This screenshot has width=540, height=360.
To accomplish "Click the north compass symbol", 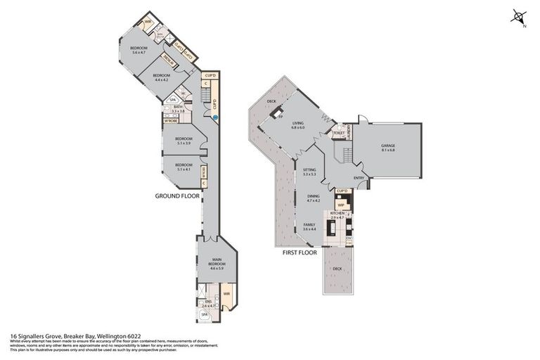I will pos(519,17).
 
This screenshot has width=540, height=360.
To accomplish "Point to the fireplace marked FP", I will pos(278,113).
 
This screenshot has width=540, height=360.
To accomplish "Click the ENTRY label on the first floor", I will pos(359,177).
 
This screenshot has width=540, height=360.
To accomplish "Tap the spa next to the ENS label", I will pos(205,316).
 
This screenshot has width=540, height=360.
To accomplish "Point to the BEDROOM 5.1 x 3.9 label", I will pos(183,141).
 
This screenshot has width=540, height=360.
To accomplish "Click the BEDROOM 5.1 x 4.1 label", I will pos(183,167).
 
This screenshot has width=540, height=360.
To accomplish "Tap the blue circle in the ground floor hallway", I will pos(215,118).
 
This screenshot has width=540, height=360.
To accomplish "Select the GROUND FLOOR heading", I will pos(175,197).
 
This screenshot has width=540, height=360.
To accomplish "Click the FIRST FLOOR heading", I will pos(300,252).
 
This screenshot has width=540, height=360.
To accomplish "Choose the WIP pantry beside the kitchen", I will pos(340,205).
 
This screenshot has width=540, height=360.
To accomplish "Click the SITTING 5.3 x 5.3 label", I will pos(309,172).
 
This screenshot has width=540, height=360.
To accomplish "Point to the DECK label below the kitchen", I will pos(337,269).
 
